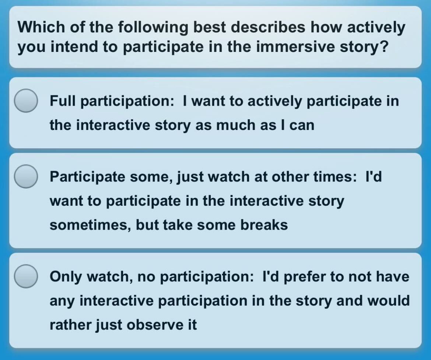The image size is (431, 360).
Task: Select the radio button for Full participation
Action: tap(26, 100)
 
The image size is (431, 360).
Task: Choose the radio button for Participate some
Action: tap(26, 176)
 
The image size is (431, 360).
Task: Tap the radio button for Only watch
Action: tap(26, 276)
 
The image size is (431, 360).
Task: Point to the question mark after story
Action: tap(385, 46)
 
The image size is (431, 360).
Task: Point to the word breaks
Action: tap(264, 225)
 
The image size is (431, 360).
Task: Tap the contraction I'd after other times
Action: tap(374, 177)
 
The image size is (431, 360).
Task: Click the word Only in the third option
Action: tap(66, 277)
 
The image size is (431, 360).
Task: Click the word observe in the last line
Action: tap(155, 325)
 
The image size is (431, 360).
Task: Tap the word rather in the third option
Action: tap(71, 325)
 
